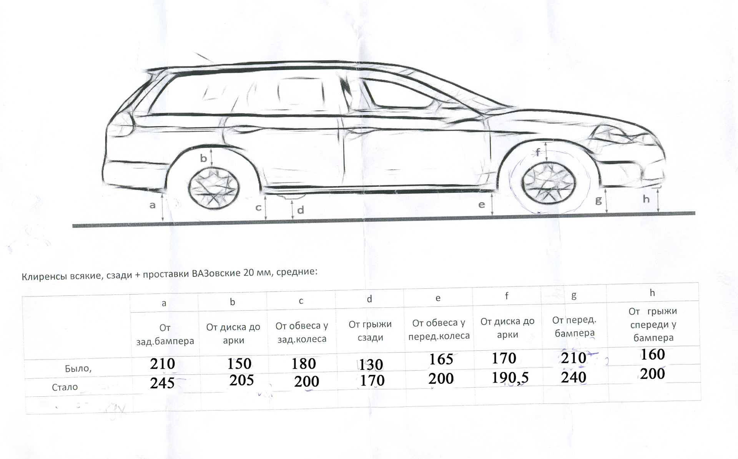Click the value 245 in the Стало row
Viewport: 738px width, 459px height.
(162, 383)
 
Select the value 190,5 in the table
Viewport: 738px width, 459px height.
(510, 378)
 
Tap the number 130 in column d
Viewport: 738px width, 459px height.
(371, 365)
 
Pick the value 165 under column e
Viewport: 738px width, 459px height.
(441, 359)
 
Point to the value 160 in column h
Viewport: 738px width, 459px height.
(652, 355)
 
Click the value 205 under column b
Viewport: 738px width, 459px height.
(241, 380)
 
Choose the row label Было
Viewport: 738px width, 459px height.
(78, 369)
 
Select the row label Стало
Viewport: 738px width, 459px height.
(65, 387)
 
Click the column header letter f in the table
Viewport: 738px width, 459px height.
(507, 296)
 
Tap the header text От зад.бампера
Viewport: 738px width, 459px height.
(165, 335)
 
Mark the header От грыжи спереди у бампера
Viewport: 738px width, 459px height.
(653, 325)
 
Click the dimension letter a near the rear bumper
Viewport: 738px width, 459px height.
(153, 205)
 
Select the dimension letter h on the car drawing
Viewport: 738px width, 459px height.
(646, 199)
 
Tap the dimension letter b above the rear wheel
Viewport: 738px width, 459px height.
(203, 158)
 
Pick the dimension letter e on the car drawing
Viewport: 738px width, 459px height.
(482, 205)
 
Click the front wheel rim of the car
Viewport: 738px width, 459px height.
(550, 182)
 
